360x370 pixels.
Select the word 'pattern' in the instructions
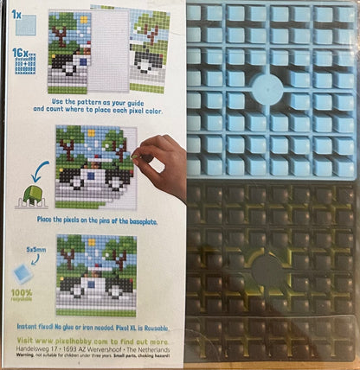pos(95,101)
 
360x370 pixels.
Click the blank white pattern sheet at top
pos(110,48)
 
